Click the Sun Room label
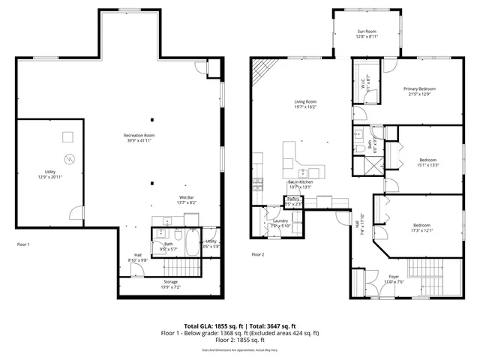367,31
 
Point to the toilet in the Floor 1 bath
159,235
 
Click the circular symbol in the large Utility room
70,159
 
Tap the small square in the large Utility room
67,136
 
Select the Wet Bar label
186,197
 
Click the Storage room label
171,281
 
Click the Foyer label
394,277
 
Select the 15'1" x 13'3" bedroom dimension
428,165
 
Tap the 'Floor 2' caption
258,255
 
